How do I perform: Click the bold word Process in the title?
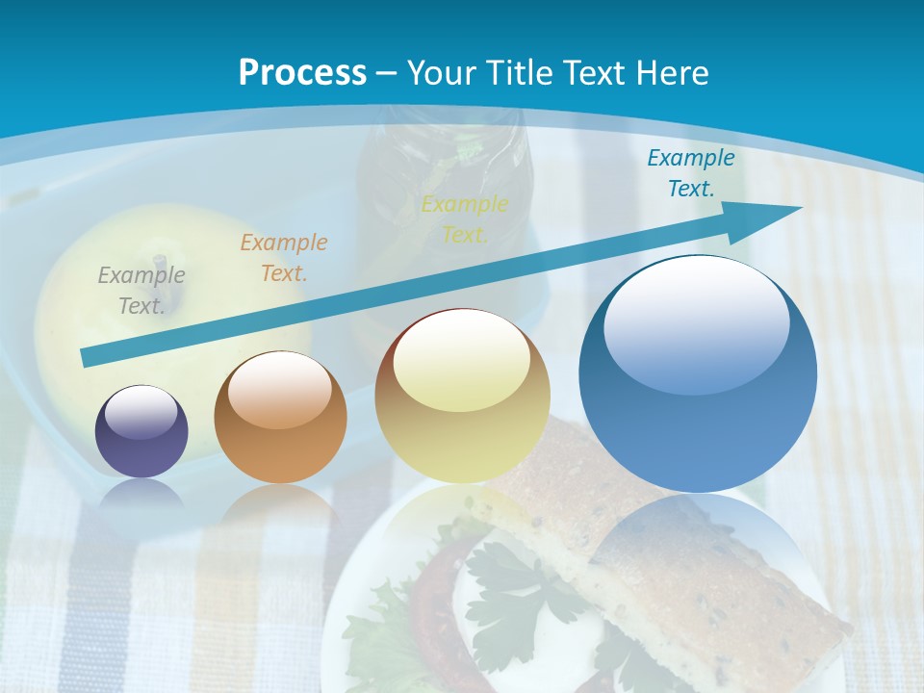click(x=302, y=73)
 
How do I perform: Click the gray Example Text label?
click(x=141, y=291)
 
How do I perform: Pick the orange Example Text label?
click(x=284, y=258)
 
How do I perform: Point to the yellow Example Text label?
click(x=465, y=219)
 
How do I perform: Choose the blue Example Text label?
click(x=691, y=173)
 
